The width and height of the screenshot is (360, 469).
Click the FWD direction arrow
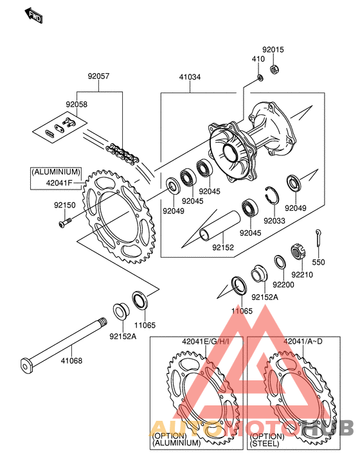click(33, 15)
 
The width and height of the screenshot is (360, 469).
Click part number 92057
click(98, 76)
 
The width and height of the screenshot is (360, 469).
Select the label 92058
click(76, 104)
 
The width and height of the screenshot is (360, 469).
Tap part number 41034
click(190, 77)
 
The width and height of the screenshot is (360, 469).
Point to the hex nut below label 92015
click(273, 69)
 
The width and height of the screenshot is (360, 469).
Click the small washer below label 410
click(260, 78)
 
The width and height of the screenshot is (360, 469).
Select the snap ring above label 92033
click(273, 195)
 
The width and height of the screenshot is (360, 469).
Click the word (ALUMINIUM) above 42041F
click(57, 172)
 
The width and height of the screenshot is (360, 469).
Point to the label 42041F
click(59, 182)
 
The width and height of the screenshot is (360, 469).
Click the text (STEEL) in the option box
click(265, 443)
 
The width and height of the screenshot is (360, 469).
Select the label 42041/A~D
click(303, 341)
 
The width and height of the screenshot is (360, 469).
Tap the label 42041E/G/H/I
click(206, 341)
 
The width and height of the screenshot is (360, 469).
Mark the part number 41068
click(71, 360)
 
